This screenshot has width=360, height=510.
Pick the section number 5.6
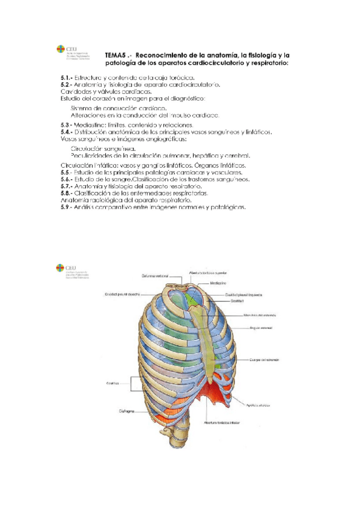[67, 179]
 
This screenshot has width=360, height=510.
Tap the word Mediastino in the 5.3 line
[90, 124]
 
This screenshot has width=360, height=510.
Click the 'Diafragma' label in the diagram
[126, 411]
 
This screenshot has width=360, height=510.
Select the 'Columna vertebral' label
[154, 277]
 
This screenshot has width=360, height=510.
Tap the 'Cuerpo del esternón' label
[263, 360]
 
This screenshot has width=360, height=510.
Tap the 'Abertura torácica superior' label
[207, 271]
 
